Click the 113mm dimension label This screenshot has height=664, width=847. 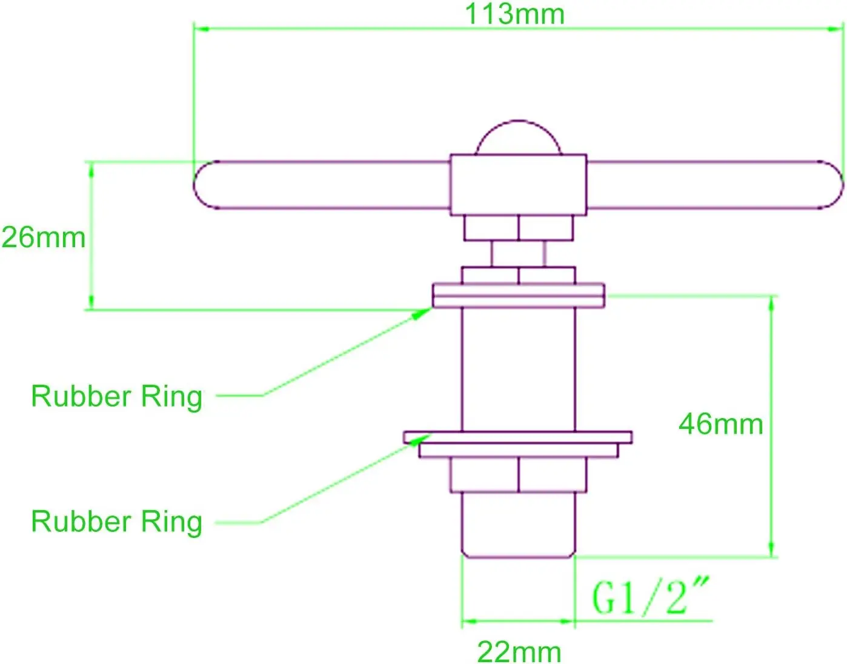(x=515, y=15)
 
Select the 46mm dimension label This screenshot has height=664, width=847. (x=721, y=424)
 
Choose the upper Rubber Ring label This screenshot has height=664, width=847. (x=116, y=397)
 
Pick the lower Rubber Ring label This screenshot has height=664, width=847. (x=116, y=522)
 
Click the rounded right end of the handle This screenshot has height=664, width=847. (x=832, y=185)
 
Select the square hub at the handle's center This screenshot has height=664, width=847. (x=519, y=185)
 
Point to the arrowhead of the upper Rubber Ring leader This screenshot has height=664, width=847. (x=422, y=313)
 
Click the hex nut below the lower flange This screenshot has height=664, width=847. (x=519, y=475)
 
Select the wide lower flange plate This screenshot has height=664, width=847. (x=517, y=437)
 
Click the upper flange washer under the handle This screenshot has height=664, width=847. (x=519, y=296)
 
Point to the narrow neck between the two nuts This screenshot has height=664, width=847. (x=518, y=254)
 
